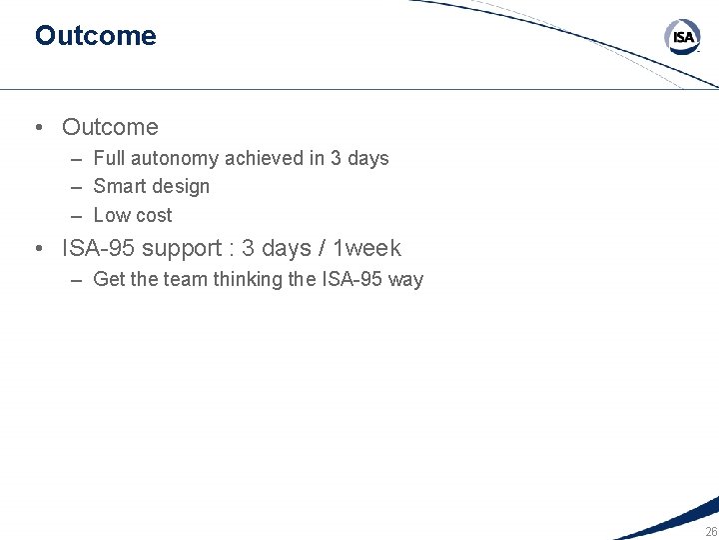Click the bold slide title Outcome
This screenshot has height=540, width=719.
[x=95, y=36]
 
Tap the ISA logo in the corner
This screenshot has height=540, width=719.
[x=683, y=38]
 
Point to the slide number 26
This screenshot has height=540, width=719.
[x=711, y=532]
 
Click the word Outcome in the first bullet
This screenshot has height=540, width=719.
[x=110, y=127]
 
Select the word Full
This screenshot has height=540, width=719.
[x=109, y=158]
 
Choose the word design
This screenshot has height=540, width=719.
[x=181, y=186]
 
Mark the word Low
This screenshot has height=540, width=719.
[x=111, y=215]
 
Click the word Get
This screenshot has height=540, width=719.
[x=109, y=279]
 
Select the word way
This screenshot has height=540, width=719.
[x=405, y=279]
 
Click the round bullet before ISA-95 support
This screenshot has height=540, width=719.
[x=37, y=248]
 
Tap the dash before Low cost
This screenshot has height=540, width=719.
[x=77, y=215]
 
